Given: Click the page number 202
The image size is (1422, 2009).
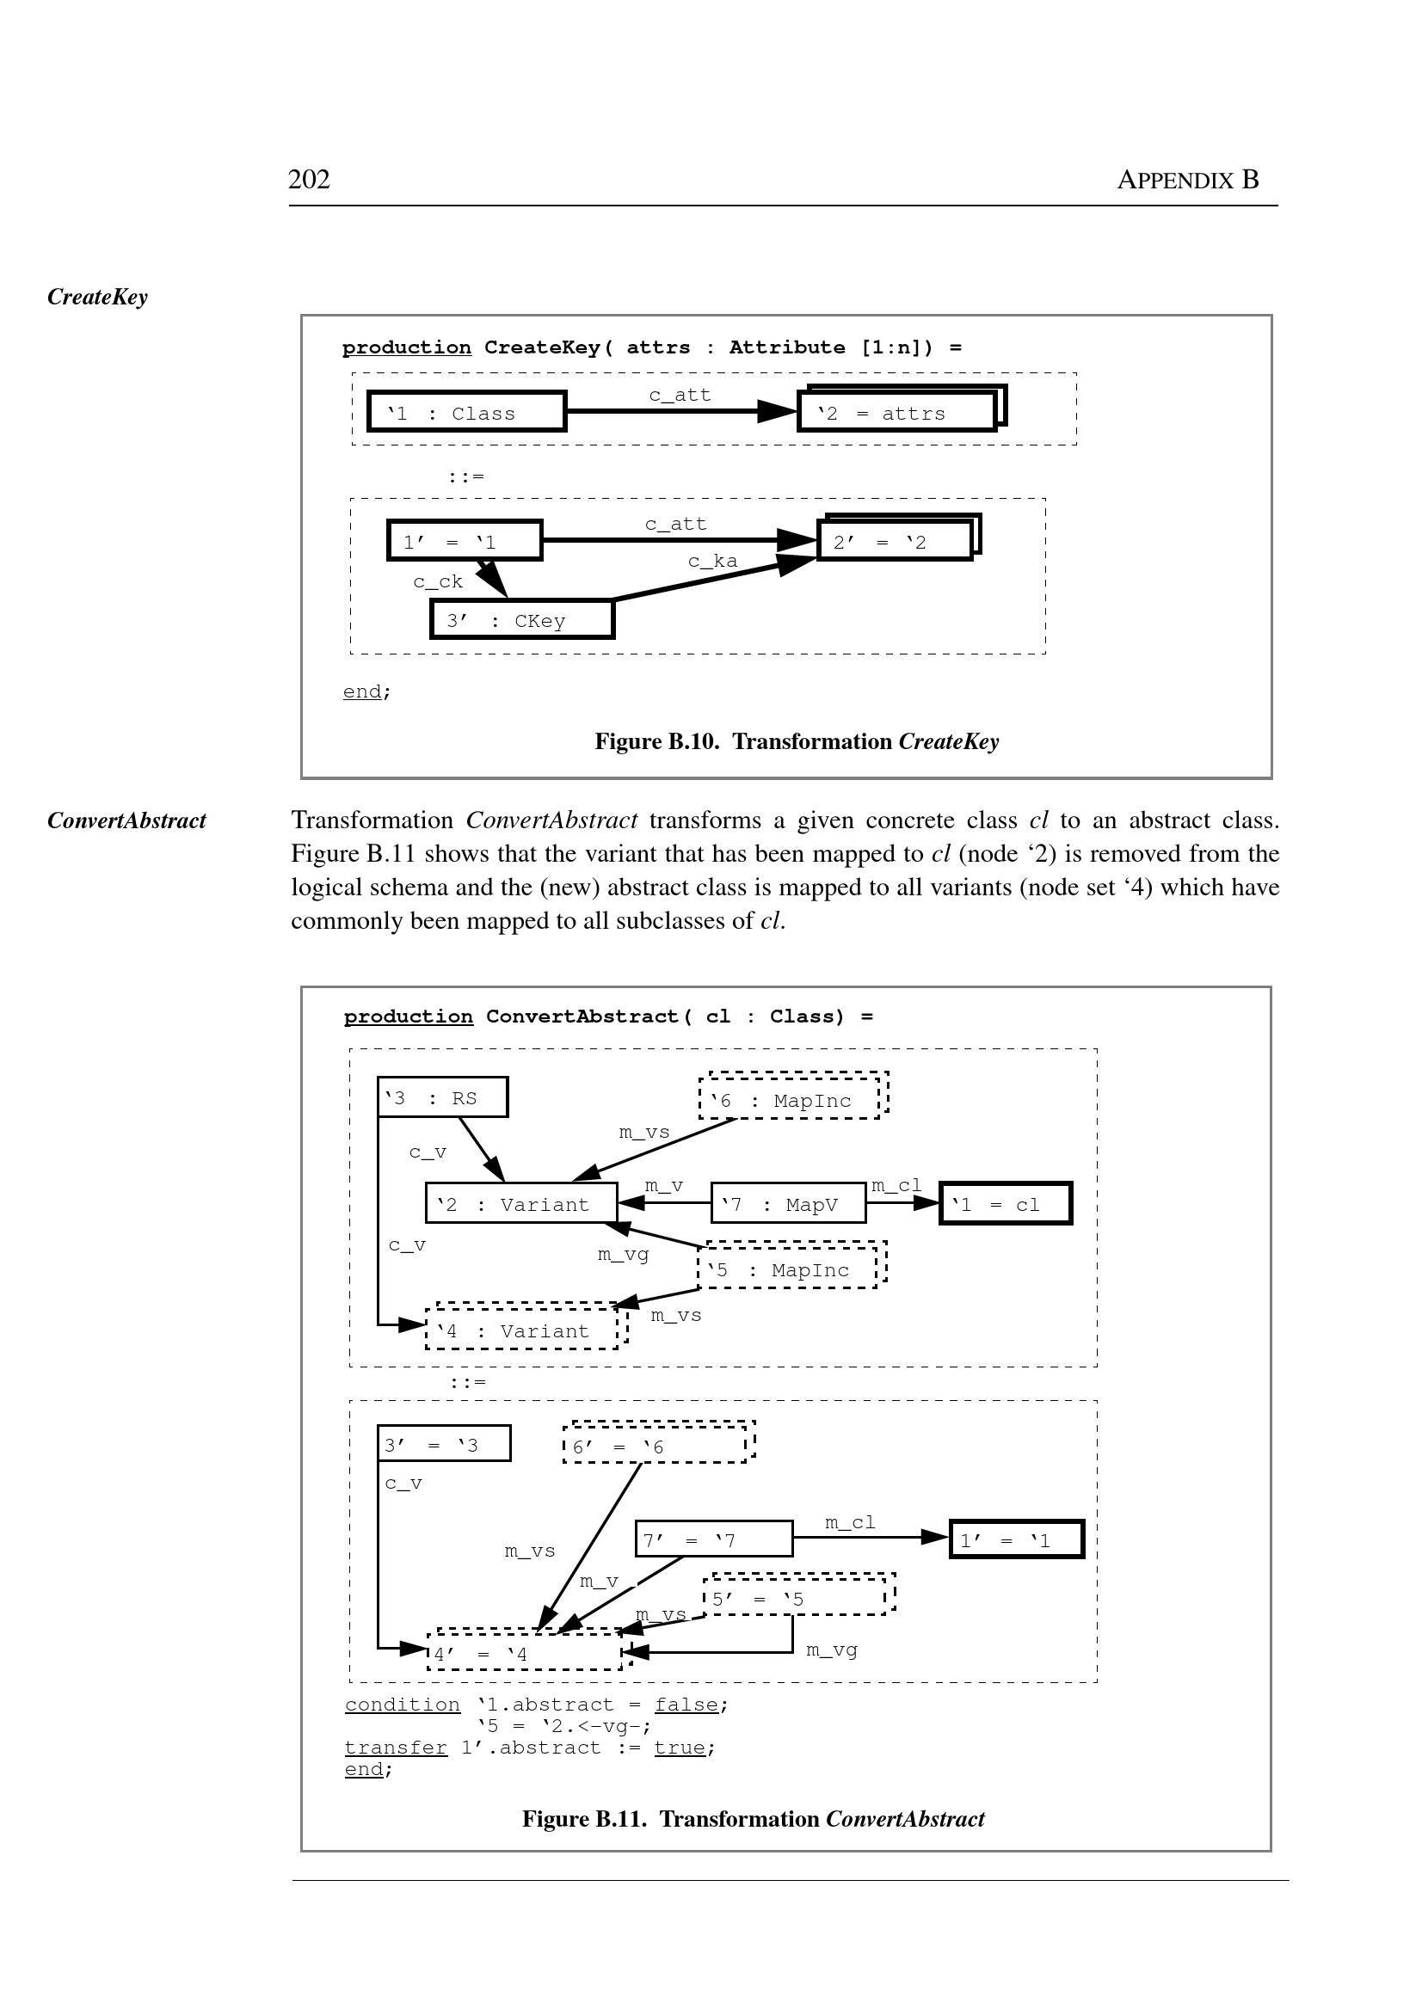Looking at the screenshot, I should [x=309, y=180].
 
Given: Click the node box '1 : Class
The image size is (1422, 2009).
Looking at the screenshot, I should [x=467, y=412].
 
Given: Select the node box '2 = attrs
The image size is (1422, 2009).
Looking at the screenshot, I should [x=897, y=412].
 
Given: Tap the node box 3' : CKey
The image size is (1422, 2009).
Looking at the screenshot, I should [x=522, y=620].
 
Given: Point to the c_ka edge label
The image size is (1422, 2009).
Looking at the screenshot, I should [x=713, y=561].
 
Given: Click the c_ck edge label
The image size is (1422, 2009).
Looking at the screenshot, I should [x=438, y=581].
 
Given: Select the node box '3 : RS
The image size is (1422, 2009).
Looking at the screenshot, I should [x=443, y=1097].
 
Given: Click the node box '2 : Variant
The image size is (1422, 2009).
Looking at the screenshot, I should [x=521, y=1204].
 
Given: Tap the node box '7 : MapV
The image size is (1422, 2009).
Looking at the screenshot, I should [x=788, y=1204].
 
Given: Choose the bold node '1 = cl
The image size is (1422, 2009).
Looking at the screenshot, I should [x=1005, y=1204].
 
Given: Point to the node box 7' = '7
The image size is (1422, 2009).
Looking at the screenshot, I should [x=714, y=1539].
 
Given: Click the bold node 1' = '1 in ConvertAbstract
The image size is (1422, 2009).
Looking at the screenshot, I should [x=1017, y=1539].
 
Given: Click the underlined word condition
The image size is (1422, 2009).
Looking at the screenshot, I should [x=402, y=1705].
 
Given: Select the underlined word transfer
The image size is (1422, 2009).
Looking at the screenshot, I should [x=396, y=1748].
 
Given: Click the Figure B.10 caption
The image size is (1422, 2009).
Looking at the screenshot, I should [x=796, y=741].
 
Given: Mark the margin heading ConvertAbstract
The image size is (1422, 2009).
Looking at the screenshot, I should [x=127, y=820].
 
